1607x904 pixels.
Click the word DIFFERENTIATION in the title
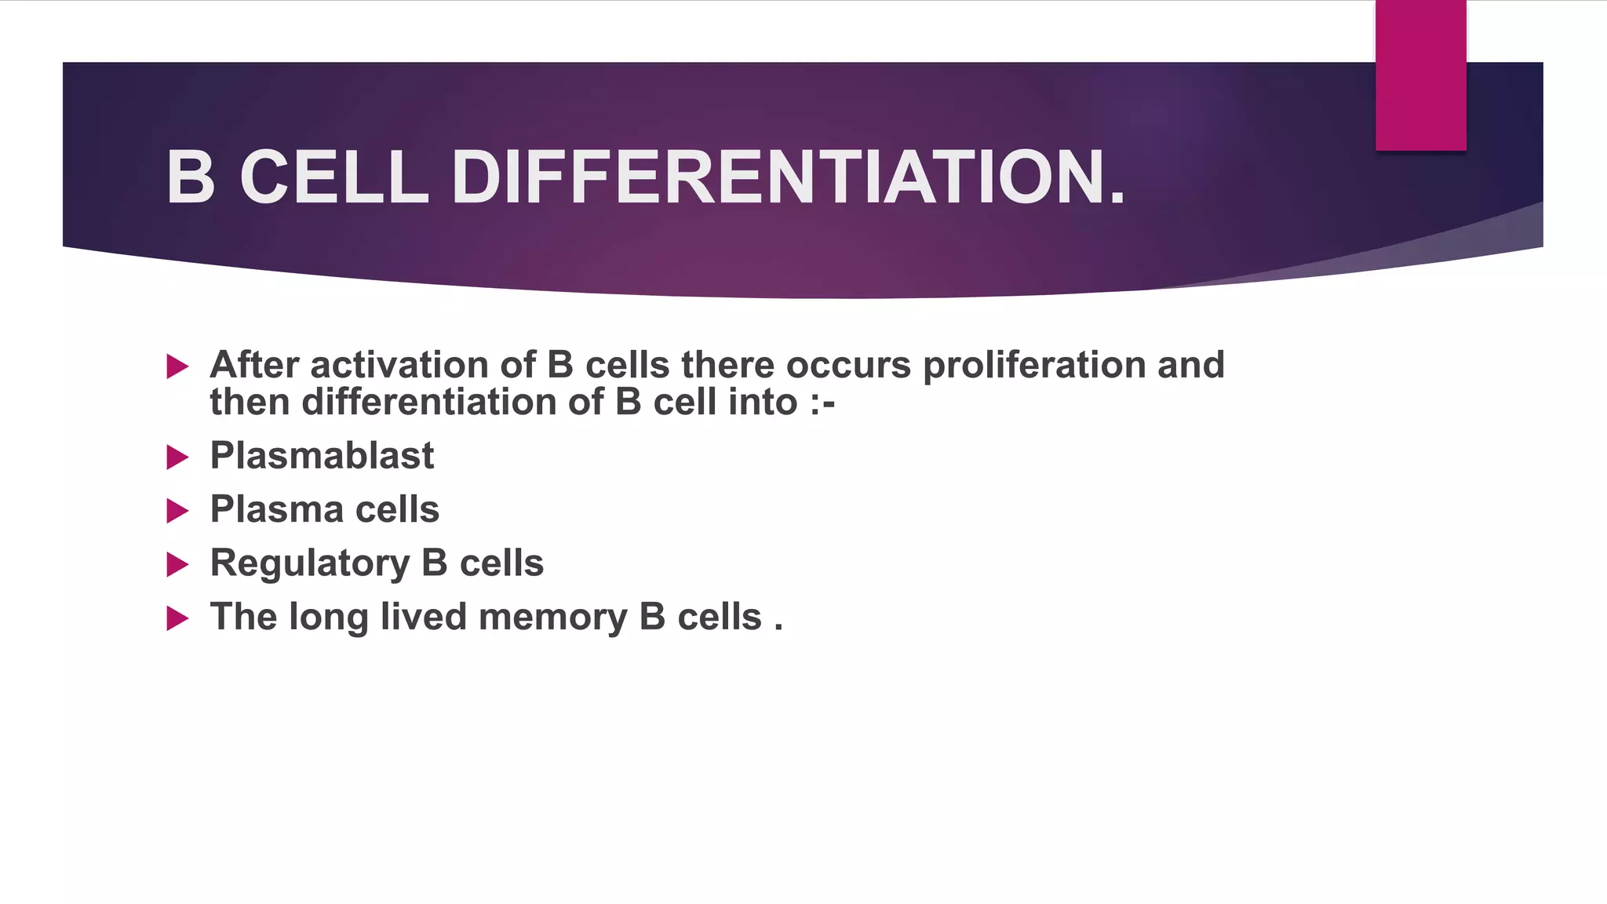pos(788,178)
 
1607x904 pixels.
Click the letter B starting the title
pos(191,178)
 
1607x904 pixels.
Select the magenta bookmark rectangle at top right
pos(1420,75)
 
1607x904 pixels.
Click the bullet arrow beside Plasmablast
pos(178,457)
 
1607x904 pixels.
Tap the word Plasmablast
pos(322,456)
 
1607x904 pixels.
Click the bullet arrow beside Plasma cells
pos(178,512)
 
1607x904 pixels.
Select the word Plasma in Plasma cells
pos(276,510)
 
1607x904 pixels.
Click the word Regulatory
pos(310,564)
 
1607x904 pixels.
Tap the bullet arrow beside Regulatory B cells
pos(178,565)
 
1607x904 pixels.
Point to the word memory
pos(552,618)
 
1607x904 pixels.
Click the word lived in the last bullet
pos(423,617)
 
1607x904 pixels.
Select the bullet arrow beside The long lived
pos(178,619)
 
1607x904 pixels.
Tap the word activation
pos(399,365)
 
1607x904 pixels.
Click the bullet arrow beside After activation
pos(178,366)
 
